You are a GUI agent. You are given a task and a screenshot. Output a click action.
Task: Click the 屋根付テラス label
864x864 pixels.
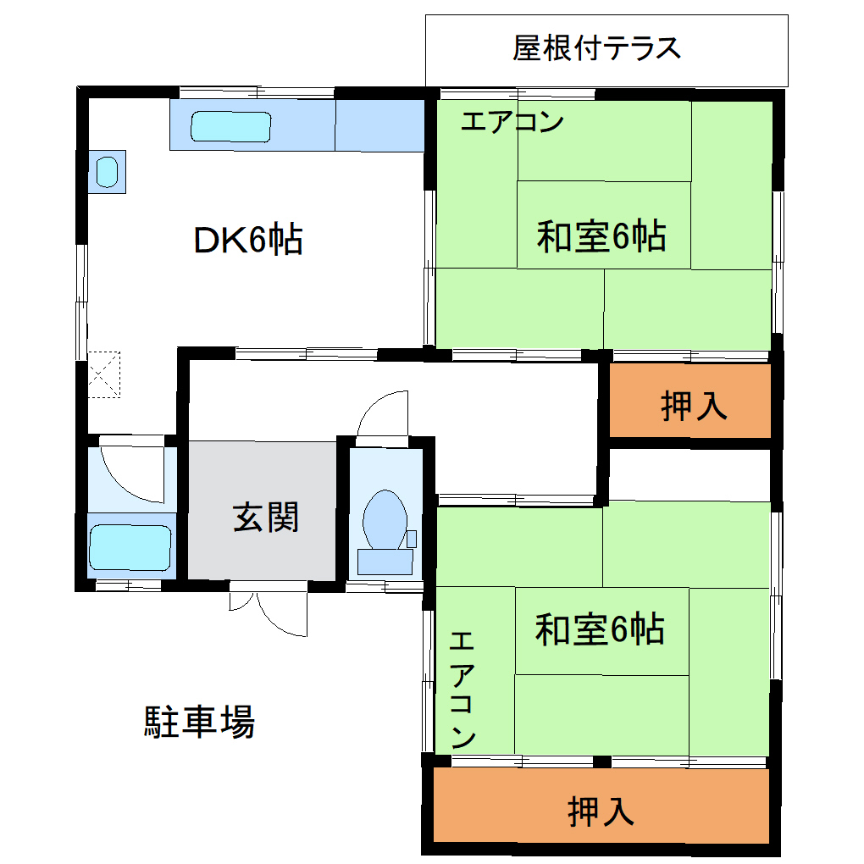pyautogui.click(x=596, y=48)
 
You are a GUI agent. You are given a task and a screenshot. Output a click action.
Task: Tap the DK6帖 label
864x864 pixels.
pyautogui.click(x=248, y=241)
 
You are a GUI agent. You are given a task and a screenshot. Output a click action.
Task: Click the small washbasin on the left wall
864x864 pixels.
pyautogui.click(x=107, y=172)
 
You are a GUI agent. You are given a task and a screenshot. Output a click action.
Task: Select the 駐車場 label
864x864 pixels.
pyautogui.click(x=199, y=722)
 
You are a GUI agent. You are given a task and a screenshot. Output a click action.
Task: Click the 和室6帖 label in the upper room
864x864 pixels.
pyautogui.click(x=601, y=236)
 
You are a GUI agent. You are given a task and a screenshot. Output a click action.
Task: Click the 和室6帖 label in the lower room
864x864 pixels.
pyautogui.click(x=600, y=629)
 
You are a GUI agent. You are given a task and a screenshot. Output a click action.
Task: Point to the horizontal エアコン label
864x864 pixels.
pyautogui.click(x=512, y=123)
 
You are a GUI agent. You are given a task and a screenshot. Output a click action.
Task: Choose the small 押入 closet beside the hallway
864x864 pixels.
pyautogui.click(x=692, y=404)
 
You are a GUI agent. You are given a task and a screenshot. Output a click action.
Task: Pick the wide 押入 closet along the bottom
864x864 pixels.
pyautogui.click(x=601, y=811)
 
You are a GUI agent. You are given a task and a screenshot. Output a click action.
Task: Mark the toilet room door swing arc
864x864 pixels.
pyautogui.click(x=382, y=418)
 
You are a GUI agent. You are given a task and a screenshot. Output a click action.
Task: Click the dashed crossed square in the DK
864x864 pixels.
pyautogui.click(x=104, y=374)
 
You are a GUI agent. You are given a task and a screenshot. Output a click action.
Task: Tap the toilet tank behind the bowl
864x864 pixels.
pyautogui.click(x=385, y=560)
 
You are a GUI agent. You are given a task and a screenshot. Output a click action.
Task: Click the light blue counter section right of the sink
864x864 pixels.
pyautogui.click(x=379, y=125)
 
